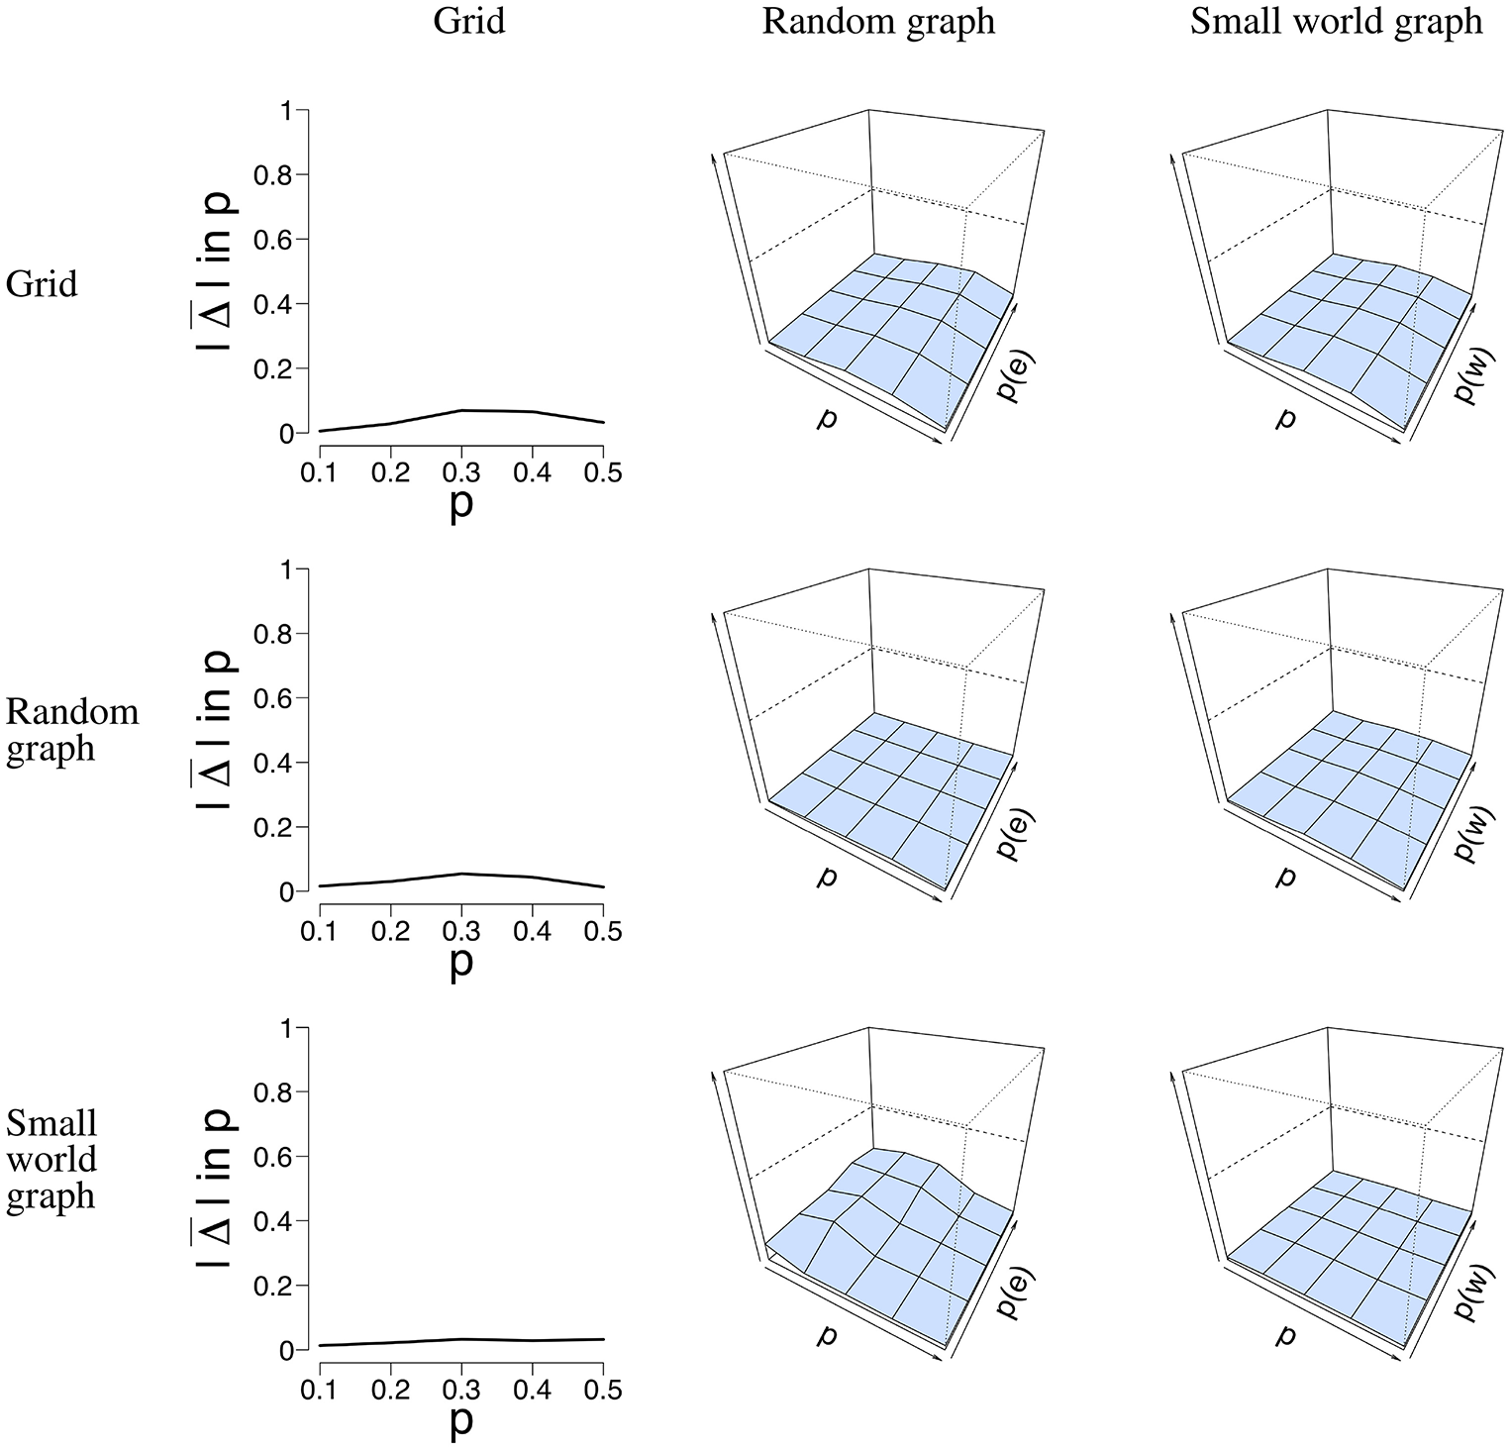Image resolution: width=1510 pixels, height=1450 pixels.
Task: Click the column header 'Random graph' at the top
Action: point(878,22)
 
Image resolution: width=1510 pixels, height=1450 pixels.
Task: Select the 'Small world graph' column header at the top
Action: point(1336,22)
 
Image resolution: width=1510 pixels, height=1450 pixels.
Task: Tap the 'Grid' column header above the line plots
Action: point(469,22)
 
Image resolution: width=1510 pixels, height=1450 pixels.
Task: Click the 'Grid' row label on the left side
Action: point(42,285)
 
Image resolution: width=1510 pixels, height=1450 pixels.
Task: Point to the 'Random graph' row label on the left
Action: point(71,730)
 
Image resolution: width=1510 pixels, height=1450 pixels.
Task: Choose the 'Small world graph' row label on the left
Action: point(52,1159)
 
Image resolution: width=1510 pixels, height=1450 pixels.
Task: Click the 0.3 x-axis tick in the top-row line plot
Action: point(461,473)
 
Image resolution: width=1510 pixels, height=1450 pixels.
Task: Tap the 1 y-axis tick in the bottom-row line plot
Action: point(287,1028)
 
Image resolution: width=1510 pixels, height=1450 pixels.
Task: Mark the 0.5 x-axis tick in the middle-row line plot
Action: point(604,932)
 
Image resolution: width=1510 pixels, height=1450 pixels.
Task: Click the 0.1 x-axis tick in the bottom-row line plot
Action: point(319,1391)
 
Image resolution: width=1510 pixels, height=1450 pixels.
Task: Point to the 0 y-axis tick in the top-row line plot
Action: point(287,434)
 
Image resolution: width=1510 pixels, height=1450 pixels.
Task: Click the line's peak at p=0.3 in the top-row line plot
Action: point(461,410)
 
